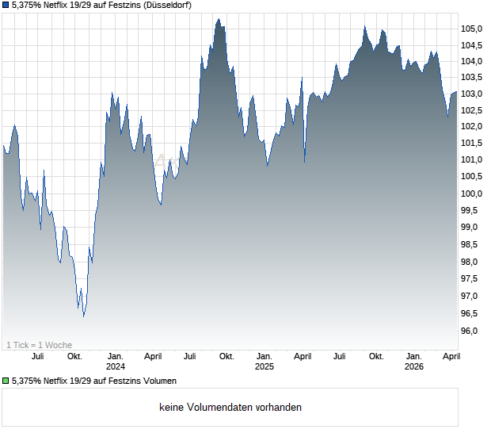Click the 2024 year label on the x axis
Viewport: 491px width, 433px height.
(116, 367)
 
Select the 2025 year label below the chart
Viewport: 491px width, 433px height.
(265, 367)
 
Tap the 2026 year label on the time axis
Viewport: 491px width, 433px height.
(413, 367)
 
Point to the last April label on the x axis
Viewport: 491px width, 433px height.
(451, 357)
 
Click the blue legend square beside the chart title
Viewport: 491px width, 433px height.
(6, 6)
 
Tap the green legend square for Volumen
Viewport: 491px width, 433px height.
(6, 381)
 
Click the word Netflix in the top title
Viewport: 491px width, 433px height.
(61, 6)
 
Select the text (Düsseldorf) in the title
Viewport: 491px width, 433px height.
(164, 6)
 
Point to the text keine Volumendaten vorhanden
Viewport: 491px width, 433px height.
(230, 408)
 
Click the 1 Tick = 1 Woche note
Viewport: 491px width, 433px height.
(40, 345)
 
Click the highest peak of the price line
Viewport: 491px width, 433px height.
(217, 18)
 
